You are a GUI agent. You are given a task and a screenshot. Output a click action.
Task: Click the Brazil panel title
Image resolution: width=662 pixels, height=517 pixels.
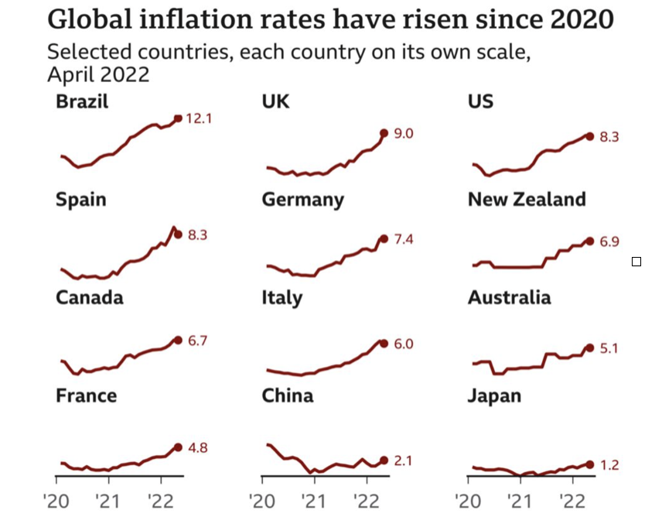point(82,101)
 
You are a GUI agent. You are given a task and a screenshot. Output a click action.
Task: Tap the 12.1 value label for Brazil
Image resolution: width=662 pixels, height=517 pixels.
point(199,118)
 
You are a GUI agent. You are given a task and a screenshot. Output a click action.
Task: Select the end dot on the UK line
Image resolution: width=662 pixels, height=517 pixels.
point(384,133)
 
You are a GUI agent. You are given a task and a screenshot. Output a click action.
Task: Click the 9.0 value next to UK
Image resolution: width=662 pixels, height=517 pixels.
point(404,134)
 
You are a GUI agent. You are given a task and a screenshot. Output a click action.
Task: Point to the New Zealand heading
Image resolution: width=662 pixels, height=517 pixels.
point(527,200)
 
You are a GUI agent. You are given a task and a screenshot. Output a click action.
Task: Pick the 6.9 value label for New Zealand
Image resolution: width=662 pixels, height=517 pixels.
point(609,242)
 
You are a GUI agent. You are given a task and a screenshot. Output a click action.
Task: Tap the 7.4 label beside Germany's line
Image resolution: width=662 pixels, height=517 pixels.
point(404,240)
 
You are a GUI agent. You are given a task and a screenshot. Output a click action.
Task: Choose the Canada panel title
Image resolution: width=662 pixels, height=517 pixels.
point(89,298)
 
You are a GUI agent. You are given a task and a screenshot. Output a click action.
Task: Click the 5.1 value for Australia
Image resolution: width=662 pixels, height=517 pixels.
point(609,348)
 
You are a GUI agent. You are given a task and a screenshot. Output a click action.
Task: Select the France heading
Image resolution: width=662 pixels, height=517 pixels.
point(86,396)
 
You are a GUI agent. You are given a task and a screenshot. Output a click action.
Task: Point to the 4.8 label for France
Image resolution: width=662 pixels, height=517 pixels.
point(199,447)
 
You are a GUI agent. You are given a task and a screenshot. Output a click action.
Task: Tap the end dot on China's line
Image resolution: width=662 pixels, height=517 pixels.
point(384,461)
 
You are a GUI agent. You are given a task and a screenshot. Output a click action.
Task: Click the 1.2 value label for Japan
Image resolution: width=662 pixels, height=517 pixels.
point(609,465)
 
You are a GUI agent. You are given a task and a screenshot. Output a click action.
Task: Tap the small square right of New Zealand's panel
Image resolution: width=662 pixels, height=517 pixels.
point(636,262)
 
